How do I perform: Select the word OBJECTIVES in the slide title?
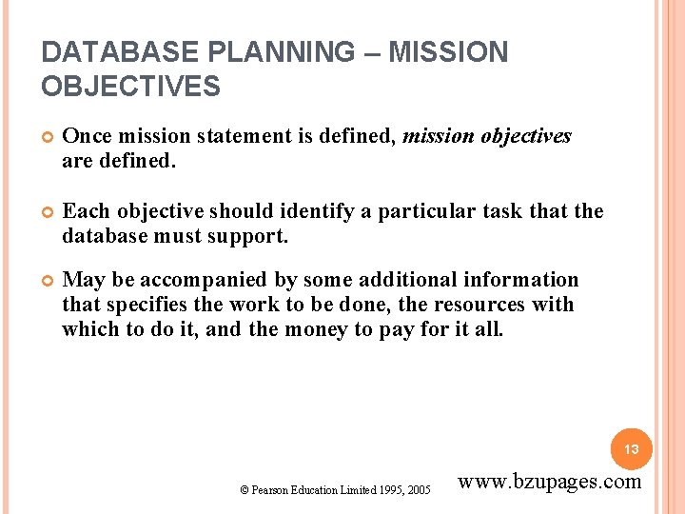pos(130,88)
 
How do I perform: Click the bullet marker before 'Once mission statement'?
pos(48,137)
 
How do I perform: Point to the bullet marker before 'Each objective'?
pos(48,212)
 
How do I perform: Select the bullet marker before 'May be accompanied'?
pos(48,281)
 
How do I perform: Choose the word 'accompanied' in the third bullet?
pos(189,280)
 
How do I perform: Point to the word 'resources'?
pos(487,305)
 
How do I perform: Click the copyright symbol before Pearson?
pos(245,489)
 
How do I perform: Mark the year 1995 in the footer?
pos(387,489)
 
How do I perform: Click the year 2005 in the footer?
pos(418,489)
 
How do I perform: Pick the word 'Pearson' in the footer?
pos(268,489)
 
